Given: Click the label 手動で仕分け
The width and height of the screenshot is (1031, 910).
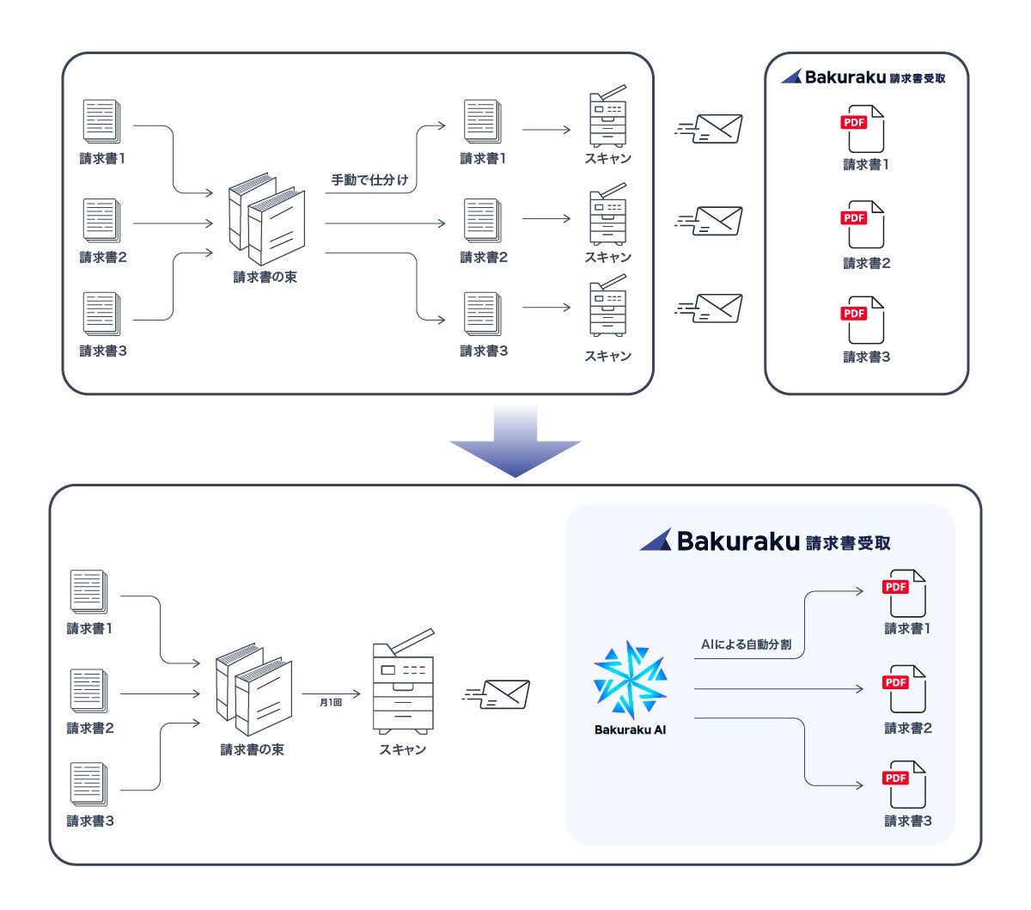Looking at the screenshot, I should [370, 180].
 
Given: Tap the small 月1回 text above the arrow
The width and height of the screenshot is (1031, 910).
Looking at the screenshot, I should [331, 703].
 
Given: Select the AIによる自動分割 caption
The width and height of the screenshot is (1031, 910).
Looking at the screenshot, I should [746, 644].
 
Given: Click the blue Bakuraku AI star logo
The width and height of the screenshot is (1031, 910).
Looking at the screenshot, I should [630, 680].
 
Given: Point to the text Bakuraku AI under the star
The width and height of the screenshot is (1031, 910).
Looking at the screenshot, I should [630, 730].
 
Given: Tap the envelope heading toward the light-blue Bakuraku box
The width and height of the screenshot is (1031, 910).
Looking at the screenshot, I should [498, 694].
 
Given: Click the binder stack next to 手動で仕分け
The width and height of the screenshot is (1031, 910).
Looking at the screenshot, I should [266, 221].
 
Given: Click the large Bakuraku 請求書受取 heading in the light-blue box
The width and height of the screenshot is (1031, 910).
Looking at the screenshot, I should [765, 541].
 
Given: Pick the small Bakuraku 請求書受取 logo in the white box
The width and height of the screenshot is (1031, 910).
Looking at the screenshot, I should [863, 77].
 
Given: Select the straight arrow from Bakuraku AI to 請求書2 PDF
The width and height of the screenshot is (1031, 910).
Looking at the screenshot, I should [778, 689].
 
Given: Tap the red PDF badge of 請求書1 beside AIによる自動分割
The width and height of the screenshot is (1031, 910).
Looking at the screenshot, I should [895, 587].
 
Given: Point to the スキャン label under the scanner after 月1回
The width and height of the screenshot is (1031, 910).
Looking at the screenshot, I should [403, 750].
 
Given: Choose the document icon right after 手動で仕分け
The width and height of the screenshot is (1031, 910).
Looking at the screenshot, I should [482, 122].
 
